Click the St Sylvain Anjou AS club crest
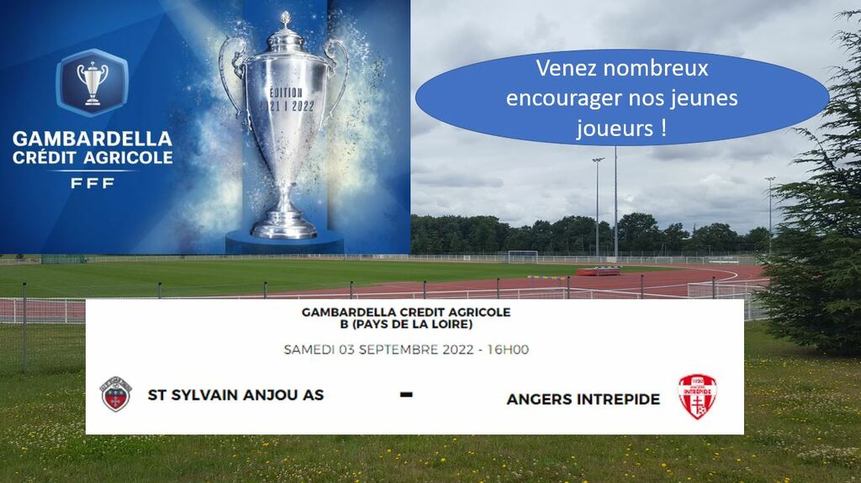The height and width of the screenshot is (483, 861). (116, 394)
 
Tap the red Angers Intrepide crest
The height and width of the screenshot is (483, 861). (697, 396)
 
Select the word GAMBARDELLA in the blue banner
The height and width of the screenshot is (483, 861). (92, 139)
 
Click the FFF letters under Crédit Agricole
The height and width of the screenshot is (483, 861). (92, 183)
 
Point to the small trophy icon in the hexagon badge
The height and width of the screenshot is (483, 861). (92, 83)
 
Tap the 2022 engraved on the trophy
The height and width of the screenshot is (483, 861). (303, 107)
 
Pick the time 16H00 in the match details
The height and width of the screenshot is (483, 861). (508, 349)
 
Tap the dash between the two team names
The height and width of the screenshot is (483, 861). (406, 394)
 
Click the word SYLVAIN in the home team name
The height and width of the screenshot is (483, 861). (204, 395)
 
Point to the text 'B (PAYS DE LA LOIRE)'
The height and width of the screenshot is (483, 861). (406, 324)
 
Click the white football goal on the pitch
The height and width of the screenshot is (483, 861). (523, 256)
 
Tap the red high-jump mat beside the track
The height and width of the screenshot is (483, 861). (599, 270)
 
